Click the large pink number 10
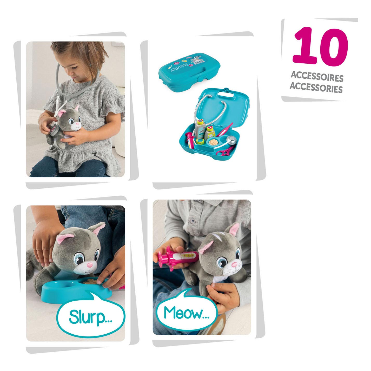tap(320, 46)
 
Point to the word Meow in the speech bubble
tap(186, 313)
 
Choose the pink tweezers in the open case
tap(225, 129)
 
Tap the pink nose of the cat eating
tap(90, 265)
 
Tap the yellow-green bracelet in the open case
tap(200, 141)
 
